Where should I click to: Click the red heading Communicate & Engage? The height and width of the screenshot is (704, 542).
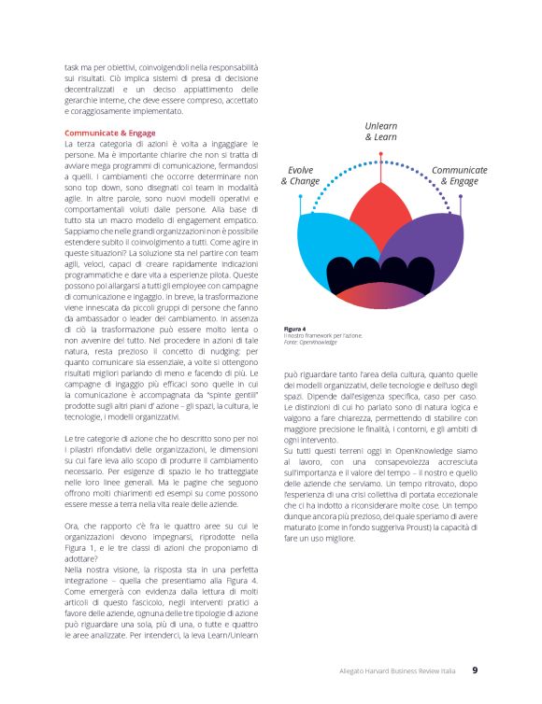[109, 133]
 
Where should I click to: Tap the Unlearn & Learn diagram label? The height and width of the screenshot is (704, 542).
[380, 131]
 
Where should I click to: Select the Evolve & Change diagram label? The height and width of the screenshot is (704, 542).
[300, 176]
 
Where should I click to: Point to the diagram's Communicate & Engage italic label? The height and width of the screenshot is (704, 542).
[459, 176]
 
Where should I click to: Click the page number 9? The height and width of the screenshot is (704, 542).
[474, 670]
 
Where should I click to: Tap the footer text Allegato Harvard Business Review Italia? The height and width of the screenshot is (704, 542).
[398, 671]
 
